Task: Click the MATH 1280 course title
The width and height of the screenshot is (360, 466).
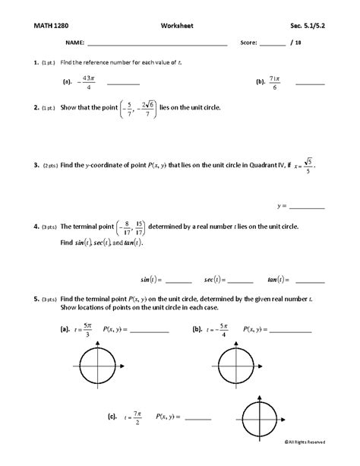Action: [x=51, y=25]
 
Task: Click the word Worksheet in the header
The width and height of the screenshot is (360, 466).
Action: [x=178, y=25]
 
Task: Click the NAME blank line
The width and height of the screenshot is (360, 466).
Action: [x=157, y=45]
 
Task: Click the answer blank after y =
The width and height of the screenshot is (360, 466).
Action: [x=307, y=206]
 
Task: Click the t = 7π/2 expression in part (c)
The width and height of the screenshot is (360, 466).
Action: [x=131, y=416]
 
